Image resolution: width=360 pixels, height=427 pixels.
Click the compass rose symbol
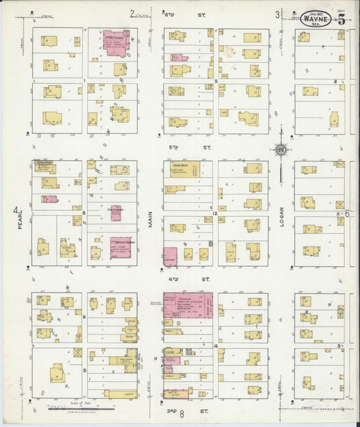click(x=280, y=150)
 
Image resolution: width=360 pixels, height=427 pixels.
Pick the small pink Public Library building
click(x=116, y=214)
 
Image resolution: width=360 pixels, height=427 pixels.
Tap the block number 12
click(x=215, y=214)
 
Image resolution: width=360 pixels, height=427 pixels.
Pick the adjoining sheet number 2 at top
click(x=132, y=13)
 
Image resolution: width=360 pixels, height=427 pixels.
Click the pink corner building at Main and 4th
click(x=170, y=256)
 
